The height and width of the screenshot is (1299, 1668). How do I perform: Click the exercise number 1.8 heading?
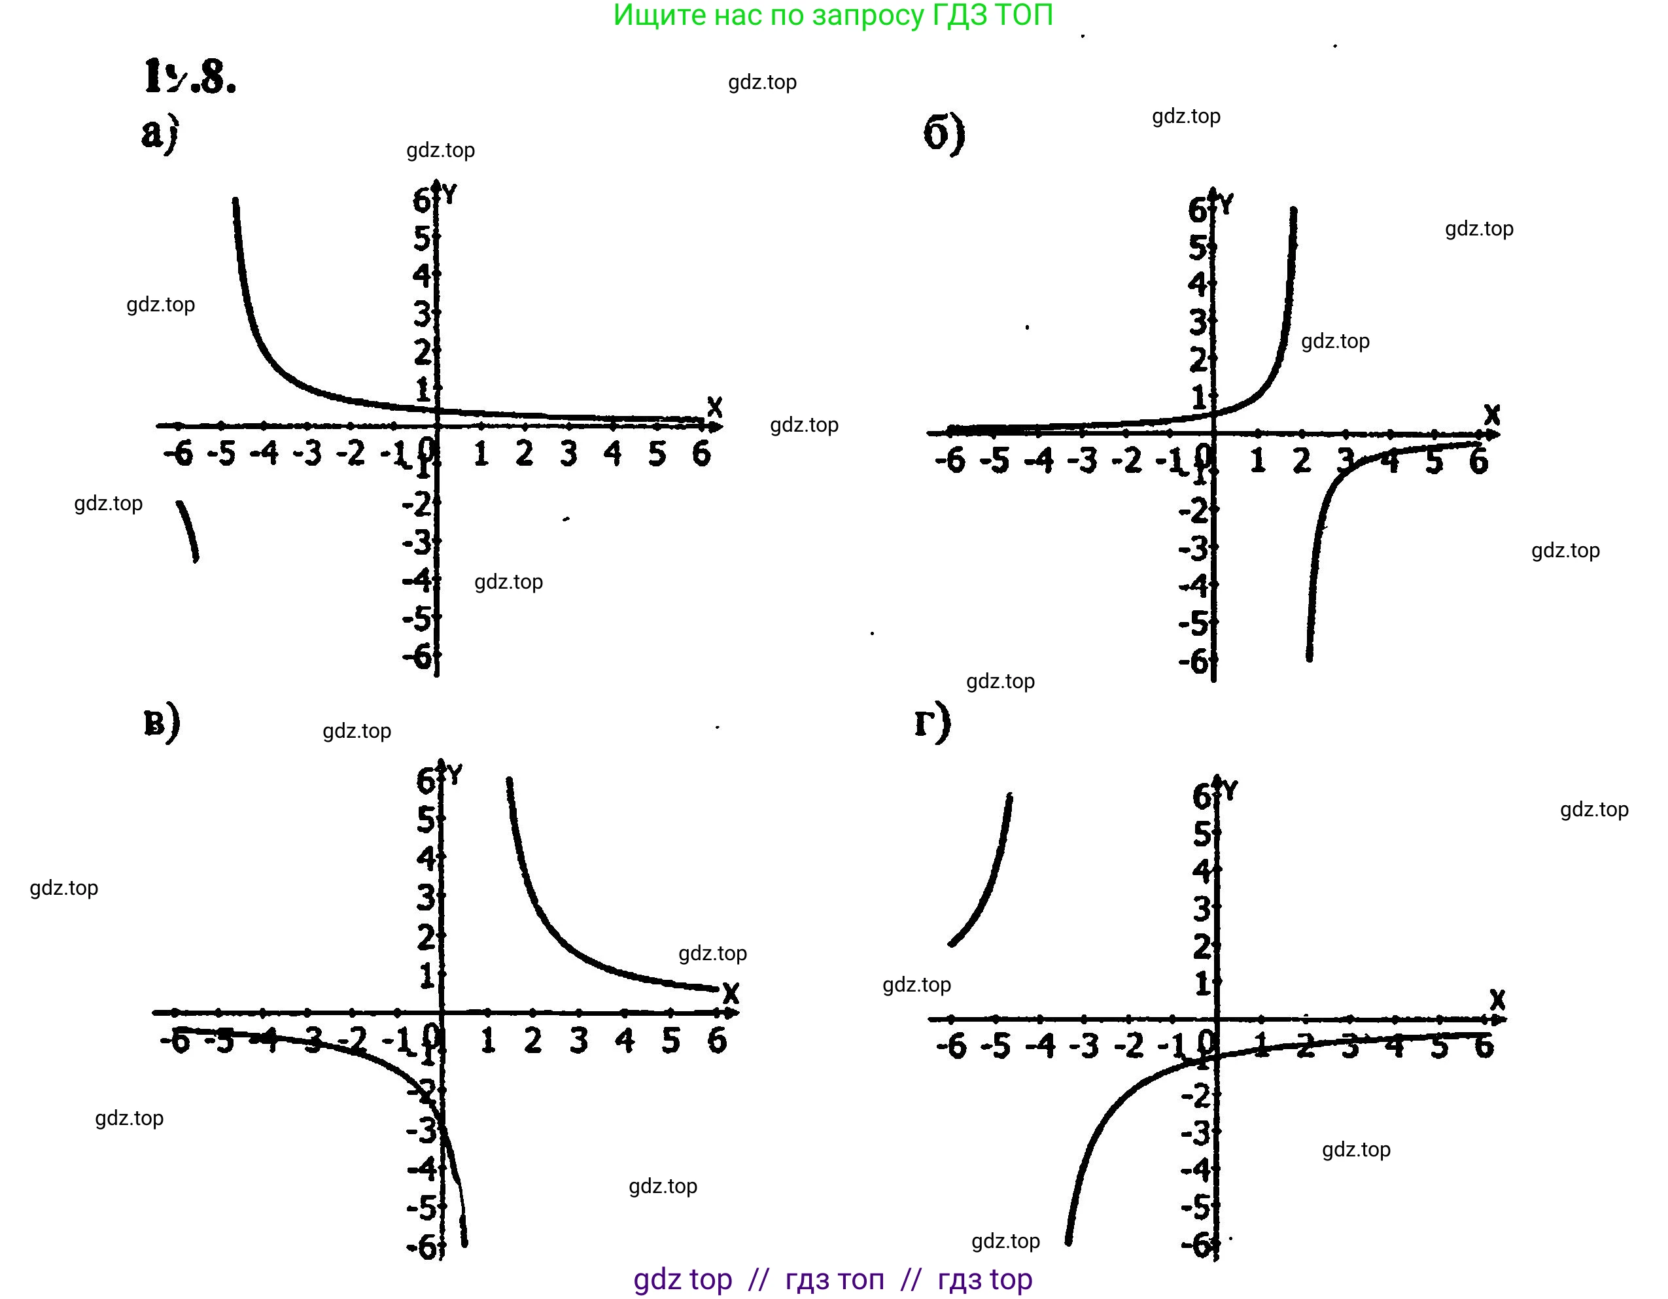coord(190,77)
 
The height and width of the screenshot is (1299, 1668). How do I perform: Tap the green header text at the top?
coord(833,15)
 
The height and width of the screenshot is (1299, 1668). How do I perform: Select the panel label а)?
coord(160,133)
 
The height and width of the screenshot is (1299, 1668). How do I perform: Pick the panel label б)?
coord(944,133)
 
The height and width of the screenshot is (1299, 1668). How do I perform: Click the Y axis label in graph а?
coord(450,195)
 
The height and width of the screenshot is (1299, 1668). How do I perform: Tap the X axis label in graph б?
coord(1491,415)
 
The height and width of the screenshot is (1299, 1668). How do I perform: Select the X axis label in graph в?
coord(731,994)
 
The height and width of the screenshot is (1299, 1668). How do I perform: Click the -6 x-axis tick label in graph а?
coord(179,455)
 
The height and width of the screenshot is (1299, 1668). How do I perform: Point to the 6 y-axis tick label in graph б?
coord(1197,210)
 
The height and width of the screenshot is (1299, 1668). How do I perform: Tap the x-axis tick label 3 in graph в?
coord(578,1040)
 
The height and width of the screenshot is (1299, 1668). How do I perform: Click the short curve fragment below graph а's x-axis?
coord(188,530)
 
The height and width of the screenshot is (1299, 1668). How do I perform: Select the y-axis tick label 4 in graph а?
coord(422,275)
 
